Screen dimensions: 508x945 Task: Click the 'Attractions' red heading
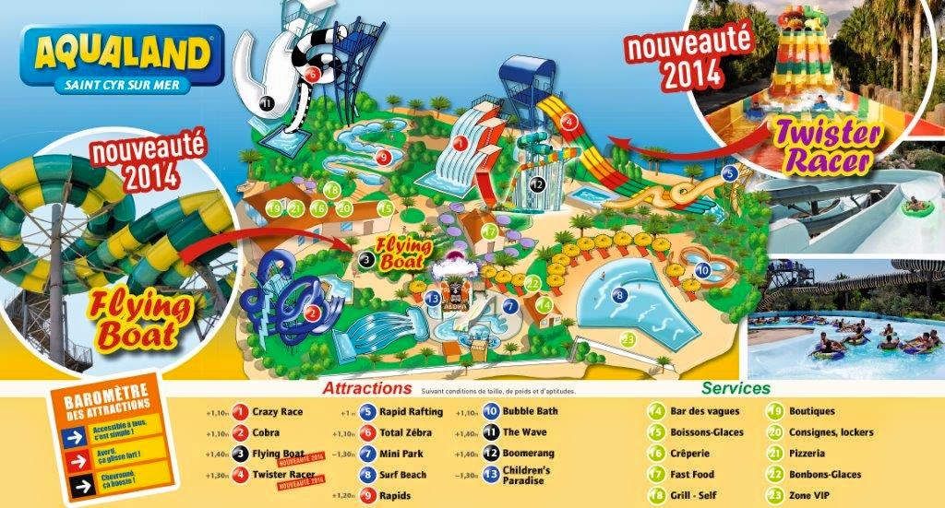coord(367,389)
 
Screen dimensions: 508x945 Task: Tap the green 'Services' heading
coord(736,389)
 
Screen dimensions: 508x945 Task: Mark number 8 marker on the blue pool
coord(620,295)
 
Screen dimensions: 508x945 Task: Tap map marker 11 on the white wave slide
coord(267,104)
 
